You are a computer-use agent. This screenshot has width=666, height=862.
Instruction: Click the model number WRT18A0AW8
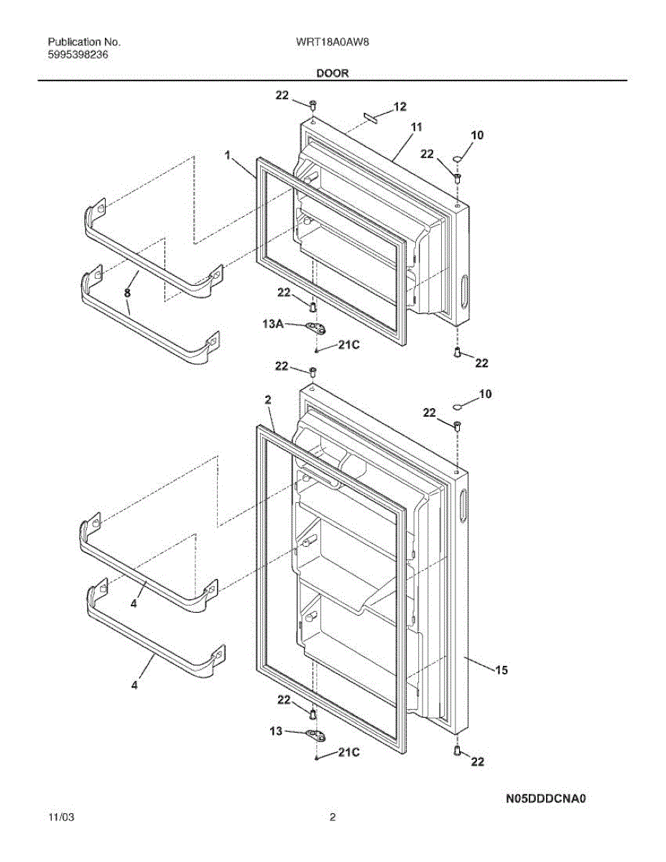(332, 42)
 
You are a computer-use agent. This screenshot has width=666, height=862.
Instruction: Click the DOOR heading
(332, 73)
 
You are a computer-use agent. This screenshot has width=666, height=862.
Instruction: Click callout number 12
(399, 107)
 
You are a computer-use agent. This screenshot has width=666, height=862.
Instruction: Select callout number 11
(417, 127)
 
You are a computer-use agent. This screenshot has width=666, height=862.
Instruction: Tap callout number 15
(501, 669)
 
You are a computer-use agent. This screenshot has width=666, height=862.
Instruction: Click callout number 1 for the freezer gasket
(227, 154)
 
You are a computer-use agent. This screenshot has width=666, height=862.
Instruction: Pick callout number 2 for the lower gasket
(267, 399)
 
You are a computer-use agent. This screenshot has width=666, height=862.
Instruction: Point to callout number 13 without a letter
(276, 731)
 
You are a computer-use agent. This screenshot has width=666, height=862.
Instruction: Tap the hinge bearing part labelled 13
(314, 734)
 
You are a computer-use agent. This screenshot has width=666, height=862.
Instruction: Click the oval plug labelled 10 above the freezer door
(458, 158)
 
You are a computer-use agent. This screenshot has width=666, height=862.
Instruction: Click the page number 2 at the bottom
(333, 817)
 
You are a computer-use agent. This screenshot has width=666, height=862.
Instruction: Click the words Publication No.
(84, 42)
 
